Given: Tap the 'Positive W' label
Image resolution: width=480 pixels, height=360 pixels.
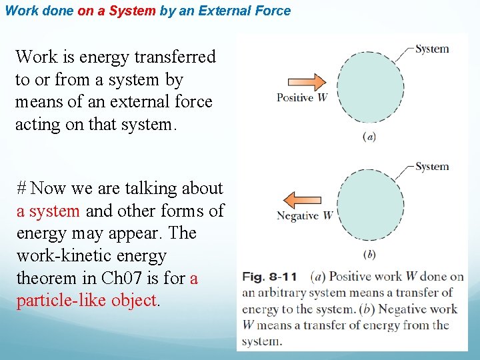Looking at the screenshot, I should click(302, 98).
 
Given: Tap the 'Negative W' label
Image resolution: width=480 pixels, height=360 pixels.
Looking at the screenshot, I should click(304, 215).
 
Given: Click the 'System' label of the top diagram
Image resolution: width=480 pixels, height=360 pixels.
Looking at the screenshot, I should click(431, 49).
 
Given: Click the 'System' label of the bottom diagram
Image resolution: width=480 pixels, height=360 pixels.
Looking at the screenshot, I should click(431, 167).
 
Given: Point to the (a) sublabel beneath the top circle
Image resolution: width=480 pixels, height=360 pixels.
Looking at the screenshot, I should click(369, 137).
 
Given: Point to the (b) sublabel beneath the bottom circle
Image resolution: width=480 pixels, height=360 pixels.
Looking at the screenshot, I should click(369, 254).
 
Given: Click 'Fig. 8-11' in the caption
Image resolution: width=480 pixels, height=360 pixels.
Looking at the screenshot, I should click(269, 276).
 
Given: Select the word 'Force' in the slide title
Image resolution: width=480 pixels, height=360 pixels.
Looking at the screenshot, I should click(274, 11).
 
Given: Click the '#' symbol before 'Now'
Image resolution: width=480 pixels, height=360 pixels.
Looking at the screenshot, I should click(21, 189).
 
